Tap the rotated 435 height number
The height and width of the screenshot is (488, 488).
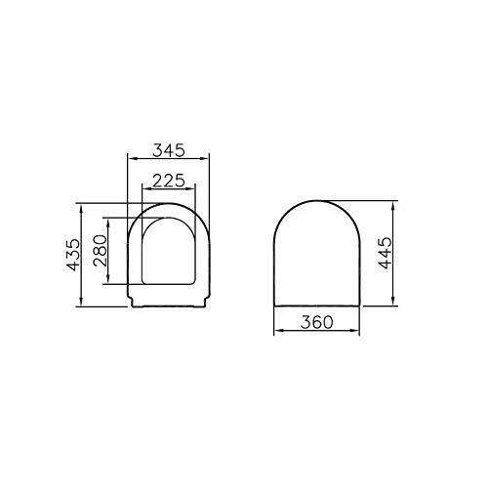point(86,256)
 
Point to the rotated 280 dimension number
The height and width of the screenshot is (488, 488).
point(113,256)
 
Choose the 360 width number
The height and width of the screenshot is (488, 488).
point(318,323)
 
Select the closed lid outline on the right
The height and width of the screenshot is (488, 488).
point(318,254)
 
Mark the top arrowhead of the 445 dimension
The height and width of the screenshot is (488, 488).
point(393,206)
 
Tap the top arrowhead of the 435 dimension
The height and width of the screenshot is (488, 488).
point(77,206)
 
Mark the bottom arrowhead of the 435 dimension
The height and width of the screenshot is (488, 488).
point(77,306)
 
